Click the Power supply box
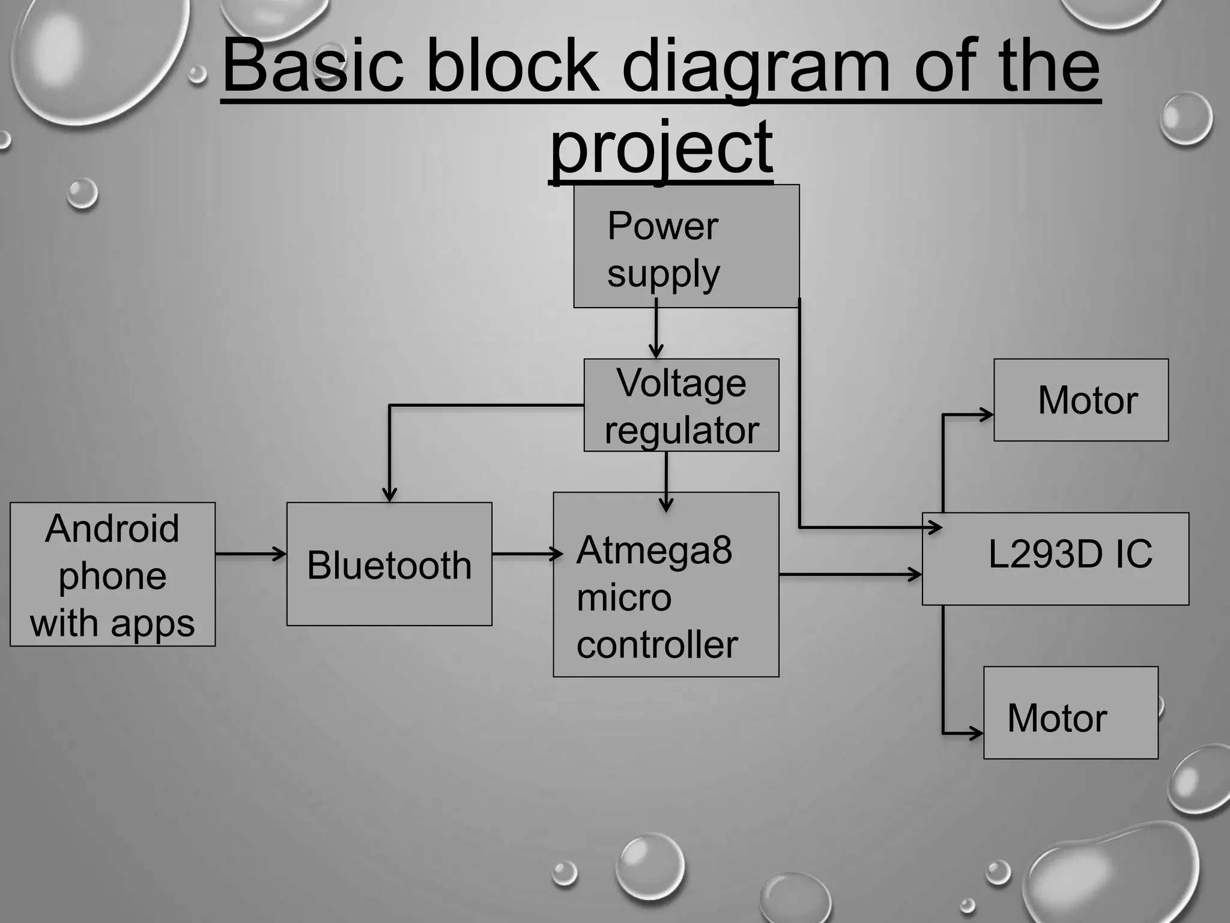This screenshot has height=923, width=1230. (x=686, y=246)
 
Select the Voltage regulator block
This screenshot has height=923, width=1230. (x=681, y=405)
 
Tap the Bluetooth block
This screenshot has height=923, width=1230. (x=389, y=564)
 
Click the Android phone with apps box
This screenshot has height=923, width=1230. (x=112, y=574)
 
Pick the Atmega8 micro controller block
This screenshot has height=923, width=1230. (x=665, y=585)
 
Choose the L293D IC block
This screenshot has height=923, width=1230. (x=1055, y=558)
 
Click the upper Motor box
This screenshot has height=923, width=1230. (x=1080, y=400)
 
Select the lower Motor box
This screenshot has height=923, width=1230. (x=1070, y=713)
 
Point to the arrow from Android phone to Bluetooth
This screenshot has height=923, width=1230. (x=250, y=553)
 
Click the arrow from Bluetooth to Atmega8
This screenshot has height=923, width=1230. (x=526, y=553)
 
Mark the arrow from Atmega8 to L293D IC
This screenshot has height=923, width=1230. (x=850, y=574)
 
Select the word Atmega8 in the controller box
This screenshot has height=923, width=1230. (x=654, y=550)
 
